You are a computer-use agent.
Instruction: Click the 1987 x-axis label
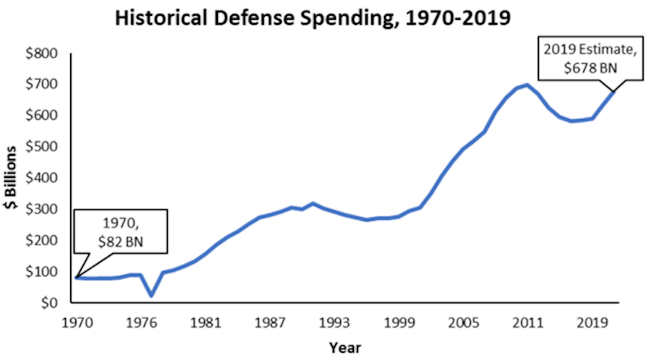click(272, 322)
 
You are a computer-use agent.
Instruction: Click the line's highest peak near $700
click(527, 85)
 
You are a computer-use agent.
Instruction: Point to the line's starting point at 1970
click(77, 277)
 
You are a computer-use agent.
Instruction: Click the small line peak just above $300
click(312, 204)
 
